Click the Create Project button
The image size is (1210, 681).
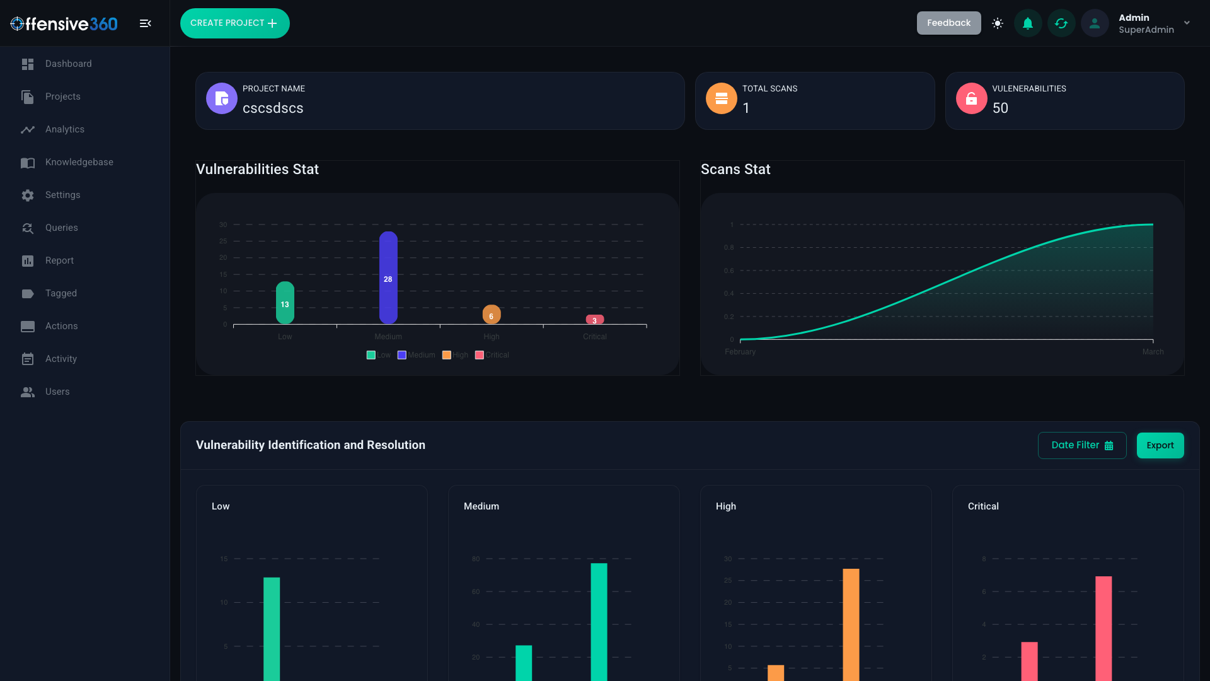click(x=234, y=23)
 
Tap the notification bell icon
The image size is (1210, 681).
click(x=1028, y=23)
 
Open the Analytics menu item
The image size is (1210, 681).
click(x=64, y=129)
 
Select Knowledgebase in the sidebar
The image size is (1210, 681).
click(x=79, y=162)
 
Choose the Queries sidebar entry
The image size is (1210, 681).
click(x=61, y=228)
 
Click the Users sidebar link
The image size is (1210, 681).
click(x=57, y=392)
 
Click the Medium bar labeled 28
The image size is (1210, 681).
click(x=388, y=277)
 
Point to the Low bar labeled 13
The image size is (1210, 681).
click(x=285, y=303)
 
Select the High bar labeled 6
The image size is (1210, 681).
click(x=492, y=315)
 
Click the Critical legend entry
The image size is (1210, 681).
click(x=492, y=355)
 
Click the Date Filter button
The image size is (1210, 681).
click(x=1081, y=445)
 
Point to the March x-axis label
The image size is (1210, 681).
click(x=1153, y=352)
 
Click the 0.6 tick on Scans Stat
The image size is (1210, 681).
click(x=729, y=271)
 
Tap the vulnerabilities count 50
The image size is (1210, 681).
click(x=1000, y=108)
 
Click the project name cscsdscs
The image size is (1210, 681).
click(x=273, y=108)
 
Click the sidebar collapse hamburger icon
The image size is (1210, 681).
click(x=145, y=23)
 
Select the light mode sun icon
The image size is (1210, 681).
click(x=997, y=23)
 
